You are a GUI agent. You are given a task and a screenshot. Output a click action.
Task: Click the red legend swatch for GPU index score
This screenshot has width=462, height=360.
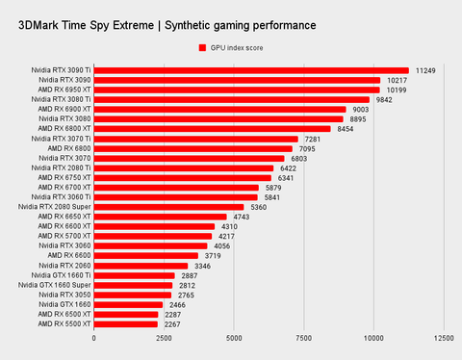tap(202, 47)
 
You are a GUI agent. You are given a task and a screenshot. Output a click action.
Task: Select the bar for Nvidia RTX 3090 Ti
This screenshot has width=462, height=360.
tap(251, 70)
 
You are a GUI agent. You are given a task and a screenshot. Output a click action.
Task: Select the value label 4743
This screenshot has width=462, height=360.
tap(243, 217)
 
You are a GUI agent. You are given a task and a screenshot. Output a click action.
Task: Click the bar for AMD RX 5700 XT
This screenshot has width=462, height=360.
tap(153, 236)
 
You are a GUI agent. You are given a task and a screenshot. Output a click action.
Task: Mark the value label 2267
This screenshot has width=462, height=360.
tap(173, 324)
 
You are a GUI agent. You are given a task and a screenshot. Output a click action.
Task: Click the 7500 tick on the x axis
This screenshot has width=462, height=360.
tap(304, 339)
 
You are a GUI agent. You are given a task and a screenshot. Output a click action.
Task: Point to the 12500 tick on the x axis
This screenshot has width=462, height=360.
tap(444, 339)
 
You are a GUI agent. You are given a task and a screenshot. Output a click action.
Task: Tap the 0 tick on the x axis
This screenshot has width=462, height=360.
tap(94, 339)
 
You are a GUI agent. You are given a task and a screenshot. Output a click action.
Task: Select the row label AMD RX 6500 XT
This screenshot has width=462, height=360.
tap(64, 315)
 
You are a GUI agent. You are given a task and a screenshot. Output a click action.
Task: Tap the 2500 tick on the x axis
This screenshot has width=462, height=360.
tap(164, 339)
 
